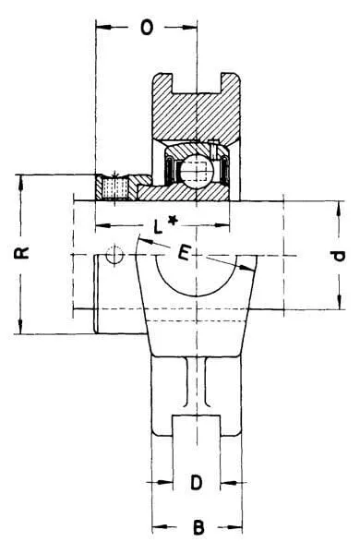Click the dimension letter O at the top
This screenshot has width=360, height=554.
pos(147,27)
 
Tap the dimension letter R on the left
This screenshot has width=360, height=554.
pos(22,253)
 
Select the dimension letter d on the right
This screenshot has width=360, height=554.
pos(339,256)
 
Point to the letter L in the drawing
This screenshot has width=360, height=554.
pos(159,226)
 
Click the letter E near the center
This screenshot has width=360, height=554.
pos(185,253)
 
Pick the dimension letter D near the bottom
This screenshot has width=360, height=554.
pos(197,482)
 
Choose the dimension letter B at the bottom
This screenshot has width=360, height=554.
pos(198,527)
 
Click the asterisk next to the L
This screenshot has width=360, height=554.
pos(172,222)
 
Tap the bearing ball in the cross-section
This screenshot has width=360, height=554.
pos(195,170)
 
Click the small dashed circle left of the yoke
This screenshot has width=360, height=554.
pos(114,254)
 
